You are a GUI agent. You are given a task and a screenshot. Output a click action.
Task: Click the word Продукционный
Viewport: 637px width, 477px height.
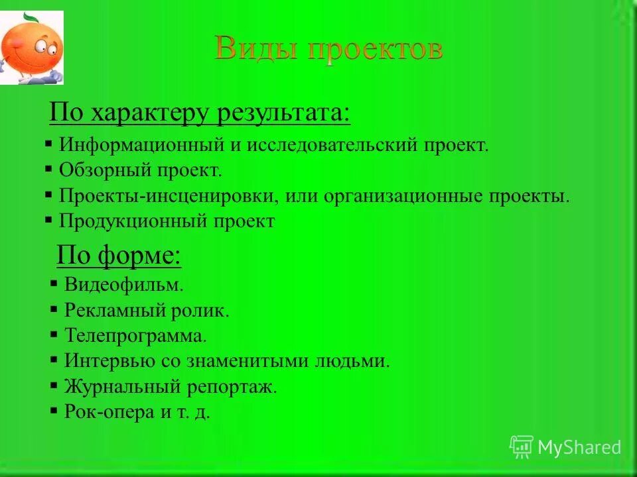(131, 221)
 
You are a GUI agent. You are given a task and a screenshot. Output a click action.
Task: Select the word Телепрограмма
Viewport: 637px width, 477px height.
(135, 336)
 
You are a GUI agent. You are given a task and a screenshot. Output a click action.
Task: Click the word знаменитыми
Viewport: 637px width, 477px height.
(257, 361)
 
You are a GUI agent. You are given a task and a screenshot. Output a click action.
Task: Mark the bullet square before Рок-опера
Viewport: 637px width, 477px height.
(54, 411)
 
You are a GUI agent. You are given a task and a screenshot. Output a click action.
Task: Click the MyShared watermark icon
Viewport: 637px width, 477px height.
(522, 447)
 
